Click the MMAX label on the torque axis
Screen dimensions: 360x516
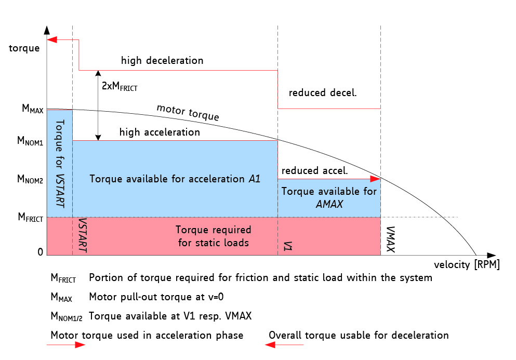[x=32, y=109]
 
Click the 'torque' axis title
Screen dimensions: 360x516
[x=24, y=49]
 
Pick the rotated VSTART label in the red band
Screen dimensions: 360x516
[x=81, y=235]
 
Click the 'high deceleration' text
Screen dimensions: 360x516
[x=162, y=61]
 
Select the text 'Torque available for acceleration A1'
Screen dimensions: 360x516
[x=175, y=179]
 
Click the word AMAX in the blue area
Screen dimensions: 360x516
[x=329, y=204]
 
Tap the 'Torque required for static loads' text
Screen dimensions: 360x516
[x=213, y=236]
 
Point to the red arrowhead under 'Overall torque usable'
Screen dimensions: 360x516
[x=272, y=344]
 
